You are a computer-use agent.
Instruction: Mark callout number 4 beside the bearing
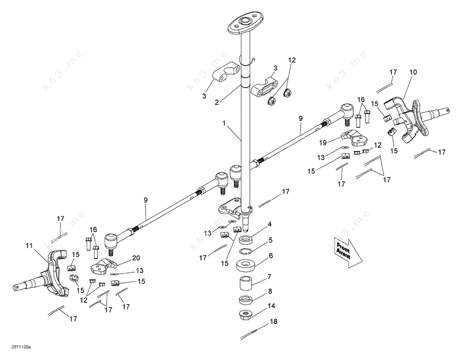[x=270, y=224]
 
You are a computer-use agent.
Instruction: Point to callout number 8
[x=270, y=292]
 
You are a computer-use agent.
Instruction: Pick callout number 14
[x=270, y=306]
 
